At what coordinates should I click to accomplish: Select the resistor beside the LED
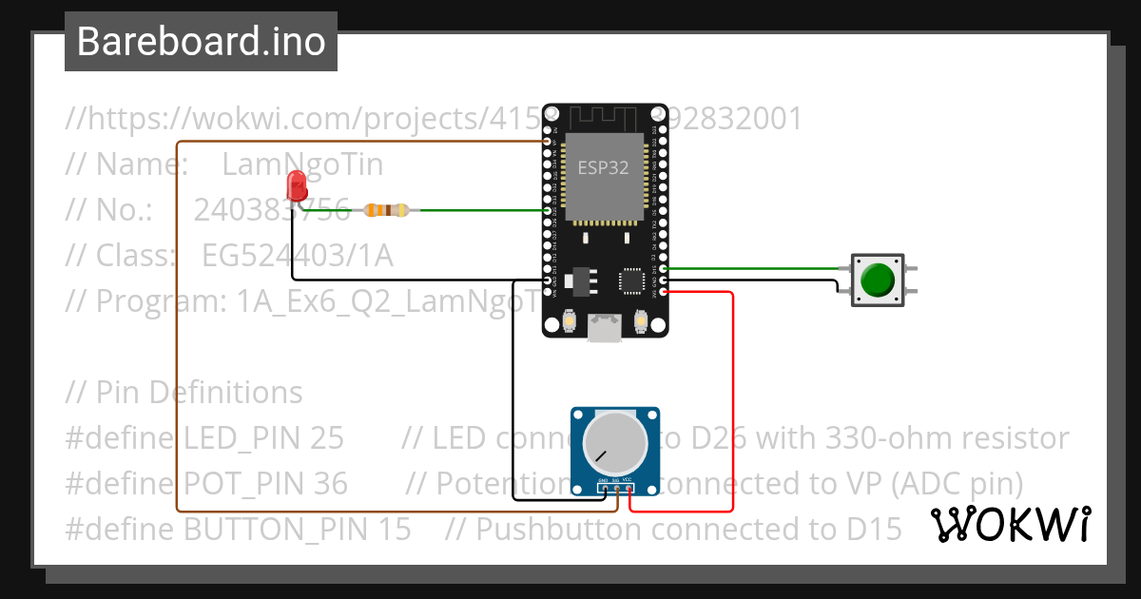386,210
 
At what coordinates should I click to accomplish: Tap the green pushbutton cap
877,280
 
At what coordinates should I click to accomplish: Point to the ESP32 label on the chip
604,167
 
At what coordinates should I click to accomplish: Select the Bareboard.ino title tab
201,42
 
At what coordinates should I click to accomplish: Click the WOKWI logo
1009,523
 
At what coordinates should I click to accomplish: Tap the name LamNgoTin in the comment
302,164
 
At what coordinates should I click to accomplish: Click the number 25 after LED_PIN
326,438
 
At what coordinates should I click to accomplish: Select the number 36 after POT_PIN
330,484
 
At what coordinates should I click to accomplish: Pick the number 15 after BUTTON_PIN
393,529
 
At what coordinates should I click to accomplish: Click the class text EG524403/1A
297,256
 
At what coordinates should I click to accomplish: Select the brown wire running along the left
178,333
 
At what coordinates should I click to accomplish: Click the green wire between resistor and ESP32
475,210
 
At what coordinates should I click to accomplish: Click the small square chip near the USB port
631,280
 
